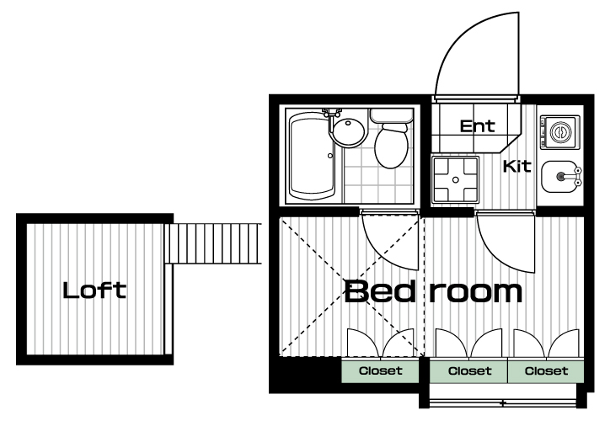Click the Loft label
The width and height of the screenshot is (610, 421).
[94, 290]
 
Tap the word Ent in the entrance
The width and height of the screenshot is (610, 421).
[478, 126]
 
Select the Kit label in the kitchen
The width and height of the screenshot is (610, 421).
[517, 166]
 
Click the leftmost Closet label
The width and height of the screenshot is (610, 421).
[381, 370]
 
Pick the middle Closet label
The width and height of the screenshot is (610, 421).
[469, 370]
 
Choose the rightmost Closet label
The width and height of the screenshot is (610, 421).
[546, 370]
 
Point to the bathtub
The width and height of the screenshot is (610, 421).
[311, 156]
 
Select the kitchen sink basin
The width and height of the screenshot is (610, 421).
[555, 177]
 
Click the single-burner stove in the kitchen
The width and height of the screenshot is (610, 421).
[560, 132]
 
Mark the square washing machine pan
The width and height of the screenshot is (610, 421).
[456, 179]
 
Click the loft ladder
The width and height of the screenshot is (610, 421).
[213, 243]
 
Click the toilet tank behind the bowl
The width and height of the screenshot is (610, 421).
[392, 115]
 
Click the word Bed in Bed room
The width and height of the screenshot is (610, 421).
[380, 291]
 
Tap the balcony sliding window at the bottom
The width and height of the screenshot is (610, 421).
[503, 402]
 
